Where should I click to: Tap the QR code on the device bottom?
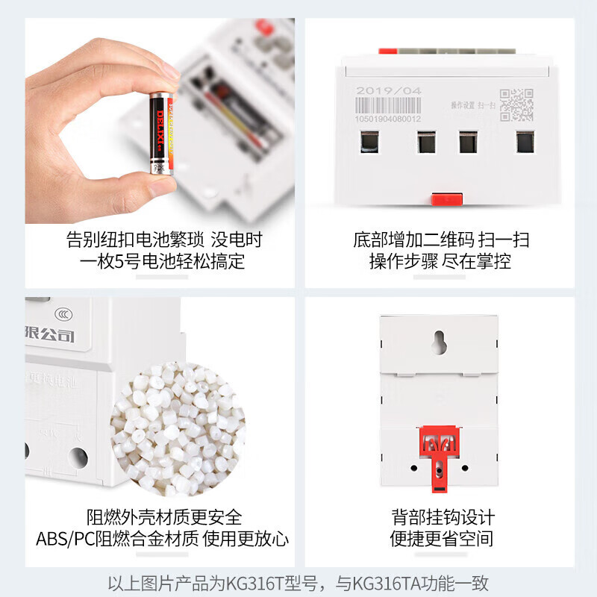pyautogui.click(x=516, y=104)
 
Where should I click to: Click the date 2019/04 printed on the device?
pyautogui.click(x=389, y=91)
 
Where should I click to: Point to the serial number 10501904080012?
pyautogui.click(x=388, y=119)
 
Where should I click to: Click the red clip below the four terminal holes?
pyautogui.click(x=446, y=199)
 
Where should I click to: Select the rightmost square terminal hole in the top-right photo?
pyautogui.click(x=525, y=142)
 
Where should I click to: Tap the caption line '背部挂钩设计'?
pyautogui.click(x=443, y=517)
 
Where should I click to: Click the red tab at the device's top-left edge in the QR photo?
pyautogui.click(x=387, y=51)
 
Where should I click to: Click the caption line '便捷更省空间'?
pyautogui.click(x=443, y=539)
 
